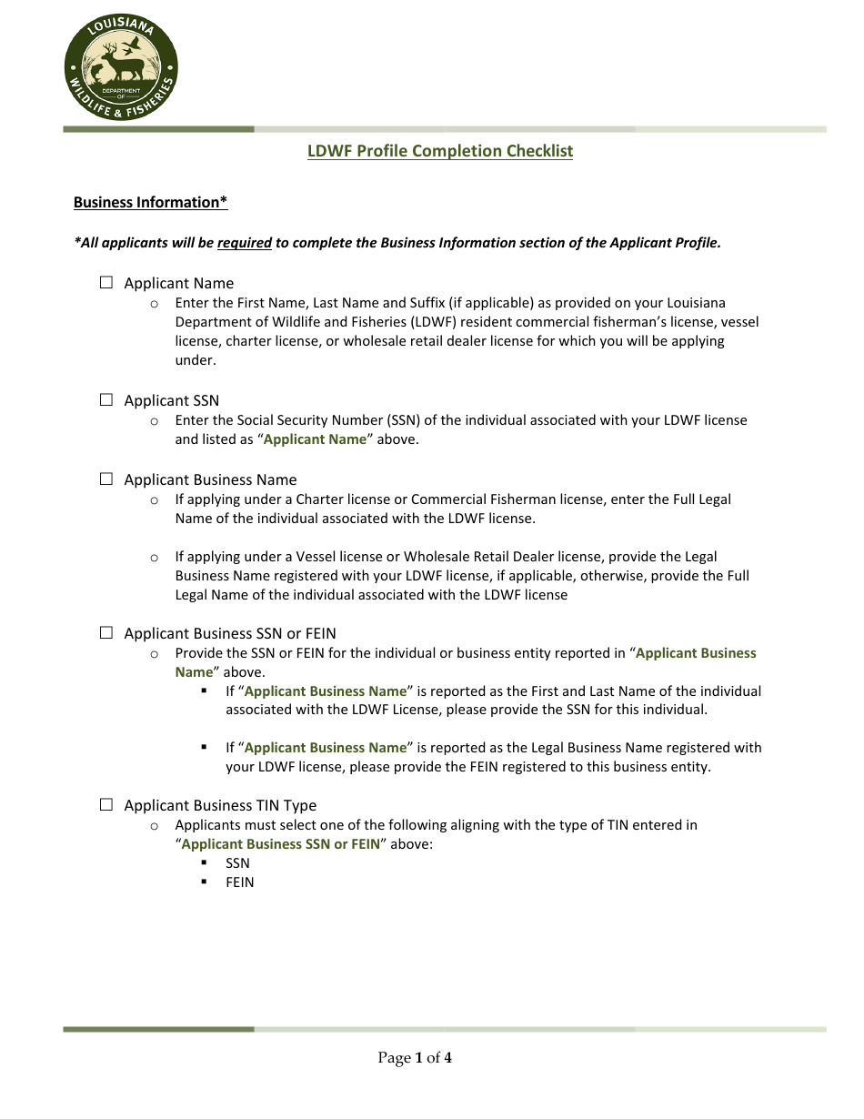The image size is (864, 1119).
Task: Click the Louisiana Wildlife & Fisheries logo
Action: (121, 68)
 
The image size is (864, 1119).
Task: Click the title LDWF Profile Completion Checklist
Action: (440, 151)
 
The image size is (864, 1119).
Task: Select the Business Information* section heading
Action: (150, 202)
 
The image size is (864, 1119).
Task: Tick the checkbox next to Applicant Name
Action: (106, 283)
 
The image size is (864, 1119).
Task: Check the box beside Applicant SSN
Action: (106, 400)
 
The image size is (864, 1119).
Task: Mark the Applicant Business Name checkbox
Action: (106, 479)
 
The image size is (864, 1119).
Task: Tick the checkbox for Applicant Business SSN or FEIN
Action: (106, 633)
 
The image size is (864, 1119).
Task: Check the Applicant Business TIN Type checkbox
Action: (106, 805)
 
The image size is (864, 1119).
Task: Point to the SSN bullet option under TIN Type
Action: (237, 863)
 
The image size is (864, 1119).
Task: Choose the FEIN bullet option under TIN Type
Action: (240, 882)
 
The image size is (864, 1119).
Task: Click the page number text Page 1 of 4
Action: (415, 1057)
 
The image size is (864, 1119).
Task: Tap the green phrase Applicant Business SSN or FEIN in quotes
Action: (281, 844)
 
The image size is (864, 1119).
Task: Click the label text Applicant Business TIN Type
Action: (220, 805)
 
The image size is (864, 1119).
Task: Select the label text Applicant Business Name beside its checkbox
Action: (210, 479)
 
